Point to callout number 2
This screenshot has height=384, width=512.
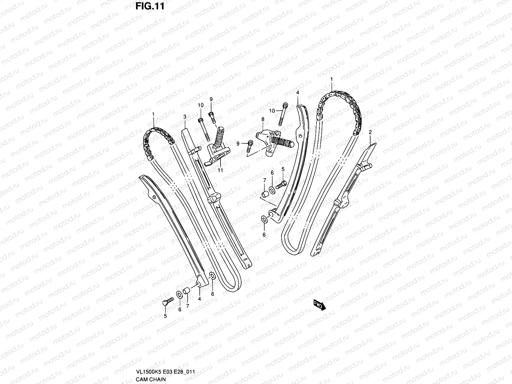coord(370,132)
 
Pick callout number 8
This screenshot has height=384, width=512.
coord(262,119)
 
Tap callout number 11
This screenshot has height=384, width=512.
coord(220,170)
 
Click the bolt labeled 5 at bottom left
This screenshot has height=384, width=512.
coord(168,301)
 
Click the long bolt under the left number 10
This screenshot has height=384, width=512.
coord(204,129)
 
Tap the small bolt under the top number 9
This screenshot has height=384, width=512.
coord(212,117)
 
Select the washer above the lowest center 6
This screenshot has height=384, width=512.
coord(265,220)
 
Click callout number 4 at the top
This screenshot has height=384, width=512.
coord(297,92)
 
